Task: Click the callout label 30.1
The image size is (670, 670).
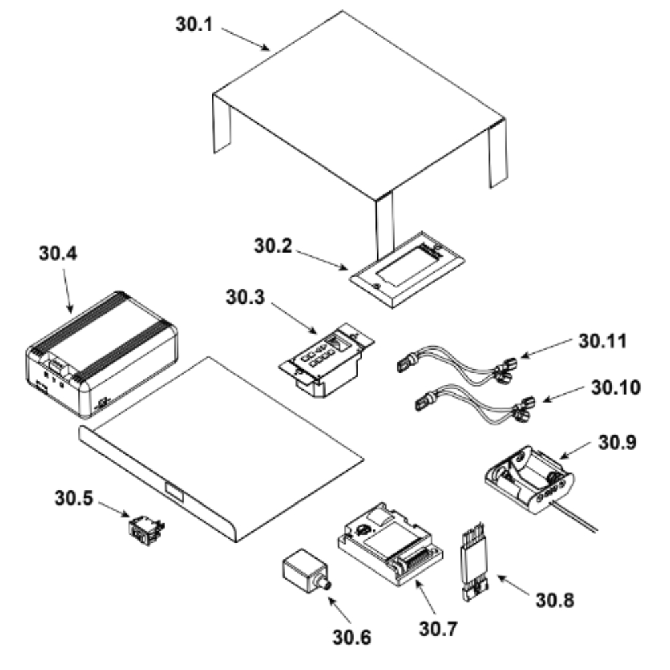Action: pyautogui.click(x=194, y=24)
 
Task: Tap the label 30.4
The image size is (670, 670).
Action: pyautogui.click(x=58, y=253)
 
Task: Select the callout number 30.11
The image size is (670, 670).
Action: pyautogui.click(x=602, y=342)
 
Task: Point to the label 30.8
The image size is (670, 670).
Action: pyautogui.click(x=555, y=600)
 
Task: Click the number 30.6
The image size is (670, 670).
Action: pyautogui.click(x=352, y=638)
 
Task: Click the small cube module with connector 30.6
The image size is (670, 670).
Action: pyautogui.click(x=306, y=572)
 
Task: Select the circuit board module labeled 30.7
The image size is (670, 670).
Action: pyautogui.click(x=390, y=544)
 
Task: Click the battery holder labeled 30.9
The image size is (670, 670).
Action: pyautogui.click(x=530, y=478)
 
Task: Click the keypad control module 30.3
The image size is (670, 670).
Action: pyautogui.click(x=327, y=360)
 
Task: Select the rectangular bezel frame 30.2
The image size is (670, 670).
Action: pyautogui.click(x=407, y=269)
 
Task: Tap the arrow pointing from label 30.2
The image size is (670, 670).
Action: pyautogui.click(x=322, y=260)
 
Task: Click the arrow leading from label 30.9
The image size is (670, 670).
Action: pyautogui.click(x=575, y=450)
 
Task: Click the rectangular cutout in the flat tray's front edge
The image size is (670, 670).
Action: pyautogui.click(x=174, y=492)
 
